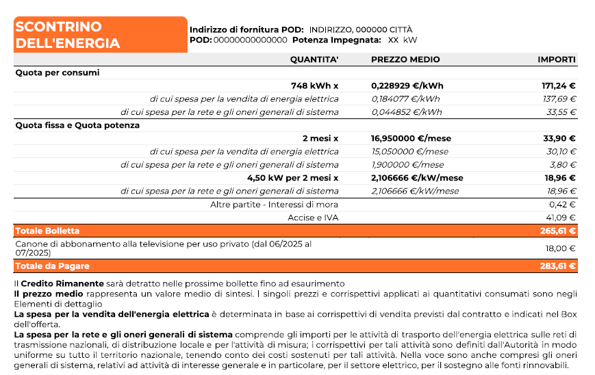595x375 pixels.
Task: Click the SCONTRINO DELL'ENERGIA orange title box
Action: point(100,35)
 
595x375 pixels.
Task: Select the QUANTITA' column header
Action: point(314,60)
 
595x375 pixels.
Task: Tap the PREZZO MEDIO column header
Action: point(405,60)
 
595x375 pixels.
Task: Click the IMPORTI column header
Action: point(556,60)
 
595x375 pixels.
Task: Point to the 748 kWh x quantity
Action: point(315,86)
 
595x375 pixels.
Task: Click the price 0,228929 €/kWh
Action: point(407,86)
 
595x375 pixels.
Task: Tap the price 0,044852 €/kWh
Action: point(406,112)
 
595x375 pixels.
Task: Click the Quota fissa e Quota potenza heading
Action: point(77,125)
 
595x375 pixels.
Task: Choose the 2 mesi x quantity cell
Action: point(320,138)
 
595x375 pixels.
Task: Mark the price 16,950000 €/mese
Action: point(411,138)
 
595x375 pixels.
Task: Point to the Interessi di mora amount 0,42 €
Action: point(563,204)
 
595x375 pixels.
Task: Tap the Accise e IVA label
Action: point(313,218)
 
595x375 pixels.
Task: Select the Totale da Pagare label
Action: point(52,266)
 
